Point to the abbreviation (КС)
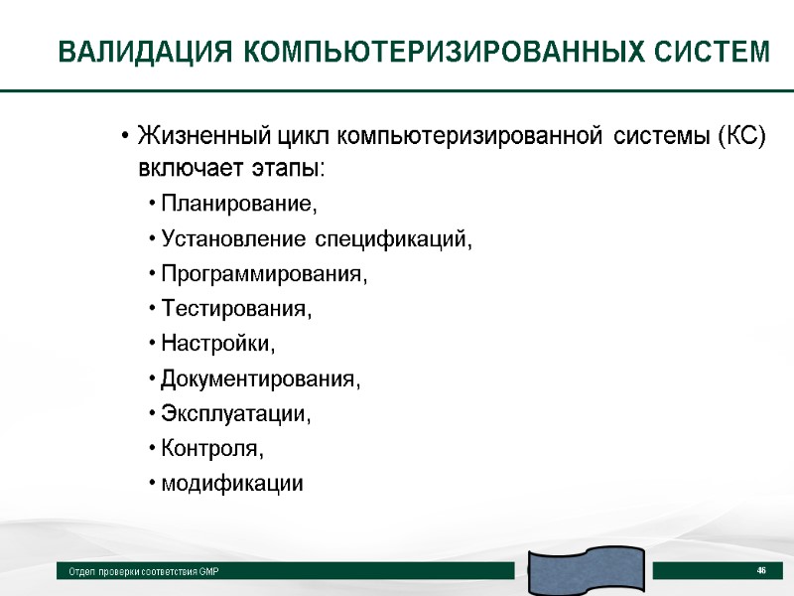[x=740, y=135]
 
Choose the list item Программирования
[x=263, y=275]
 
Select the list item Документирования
[x=261, y=379]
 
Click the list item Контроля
[x=212, y=449]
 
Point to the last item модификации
[x=232, y=484]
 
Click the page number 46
[x=761, y=570]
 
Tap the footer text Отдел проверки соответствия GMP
[x=143, y=572]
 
